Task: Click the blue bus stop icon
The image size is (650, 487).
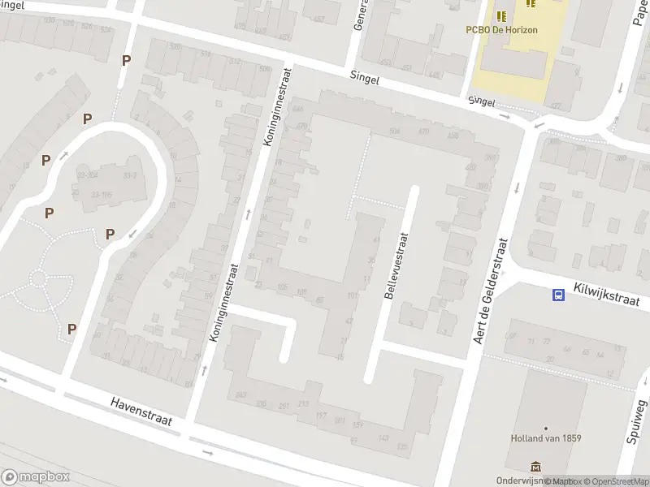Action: click(x=559, y=295)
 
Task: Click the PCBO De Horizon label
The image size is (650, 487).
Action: click(x=503, y=29)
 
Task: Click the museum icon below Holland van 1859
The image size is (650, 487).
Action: click(x=535, y=466)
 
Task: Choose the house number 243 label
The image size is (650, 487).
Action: click(x=240, y=395)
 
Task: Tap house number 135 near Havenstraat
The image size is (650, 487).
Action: click(x=401, y=446)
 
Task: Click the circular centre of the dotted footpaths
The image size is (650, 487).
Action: click(x=37, y=278)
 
